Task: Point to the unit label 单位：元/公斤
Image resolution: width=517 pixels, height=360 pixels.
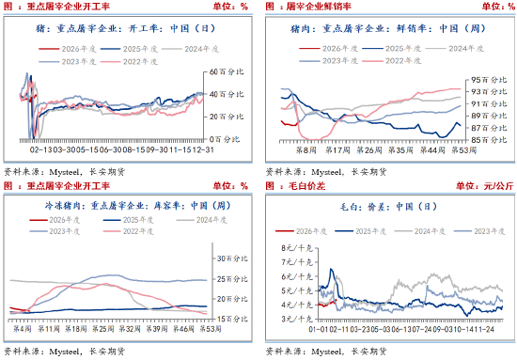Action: pyautogui.click(x=484, y=186)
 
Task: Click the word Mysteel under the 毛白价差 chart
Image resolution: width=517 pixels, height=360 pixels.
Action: pyautogui.click(x=323, y=352)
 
